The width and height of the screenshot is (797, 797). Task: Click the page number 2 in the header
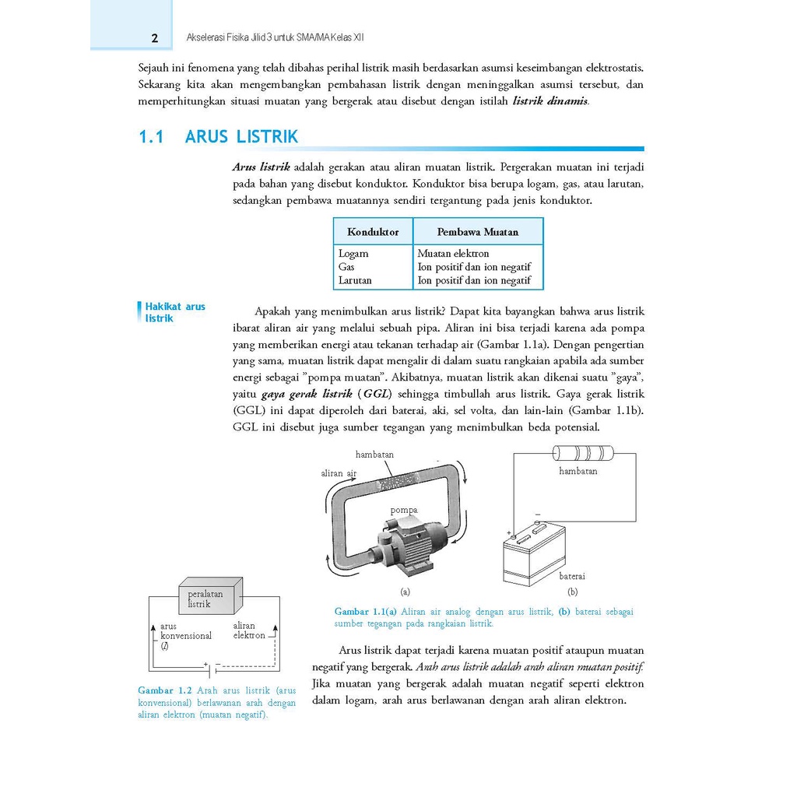pos(154,38)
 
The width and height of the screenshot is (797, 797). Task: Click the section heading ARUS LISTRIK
pos(241,138)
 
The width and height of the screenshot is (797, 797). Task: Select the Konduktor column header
pos(373,232)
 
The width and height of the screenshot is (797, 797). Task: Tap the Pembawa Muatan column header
pos(477,232)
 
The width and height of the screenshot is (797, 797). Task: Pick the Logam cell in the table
pos(353,254)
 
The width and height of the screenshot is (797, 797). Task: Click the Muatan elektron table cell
pos(453,254)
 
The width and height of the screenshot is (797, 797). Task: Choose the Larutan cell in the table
pos(355,280)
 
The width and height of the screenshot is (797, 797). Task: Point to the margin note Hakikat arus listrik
pos(175,312)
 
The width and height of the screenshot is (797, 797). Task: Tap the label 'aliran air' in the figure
pos(339,472)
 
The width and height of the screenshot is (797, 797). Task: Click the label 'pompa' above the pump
pos(404,510)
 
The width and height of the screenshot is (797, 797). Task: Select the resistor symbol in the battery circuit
pos(582,453)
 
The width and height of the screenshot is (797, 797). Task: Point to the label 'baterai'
pos(572,576)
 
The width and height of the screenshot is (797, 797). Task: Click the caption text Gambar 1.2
pos(164,690)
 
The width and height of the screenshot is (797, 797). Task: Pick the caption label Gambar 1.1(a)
pos(366,612)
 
